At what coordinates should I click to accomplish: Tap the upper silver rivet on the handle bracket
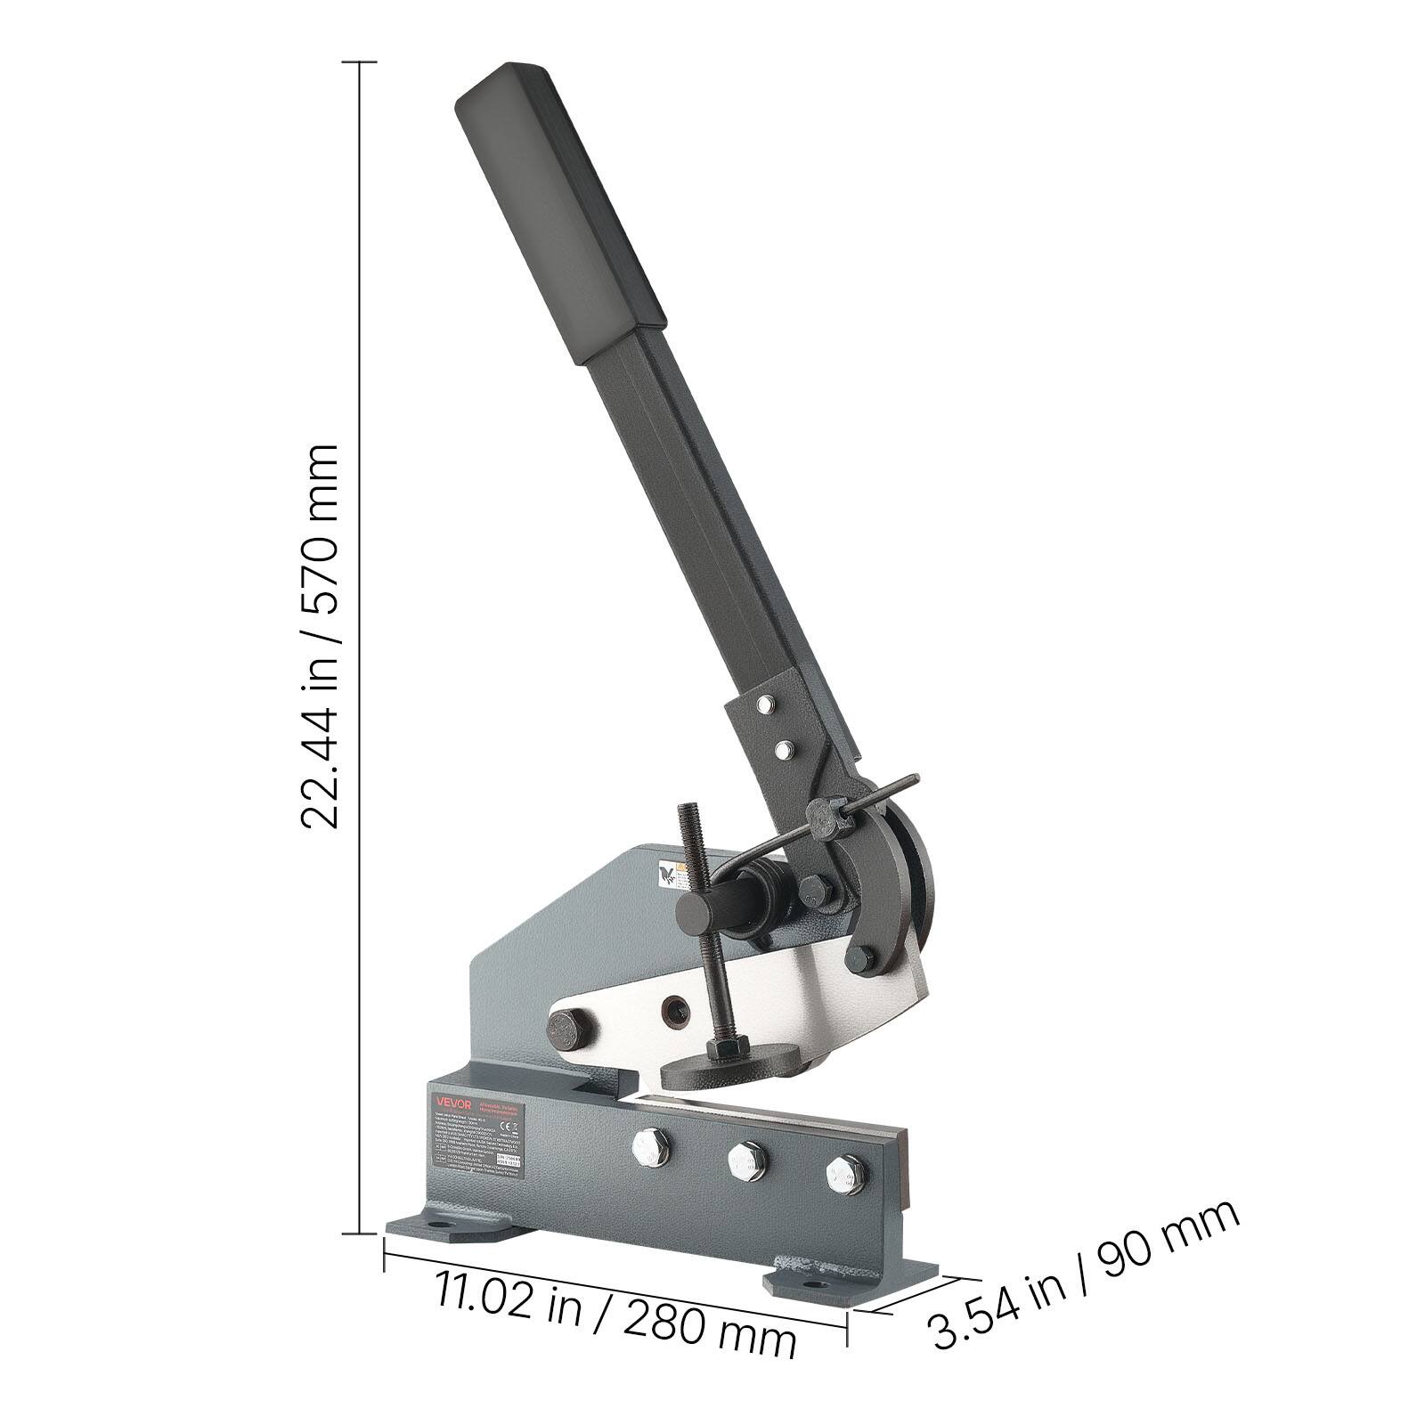pyautogui.click(x=763, y=708)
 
